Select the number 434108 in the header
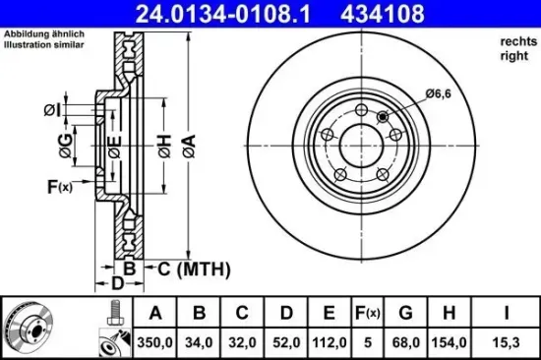368,13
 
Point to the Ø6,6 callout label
438,94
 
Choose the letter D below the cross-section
117,284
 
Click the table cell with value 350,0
153,342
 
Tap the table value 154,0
448,342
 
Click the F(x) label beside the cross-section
59,187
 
